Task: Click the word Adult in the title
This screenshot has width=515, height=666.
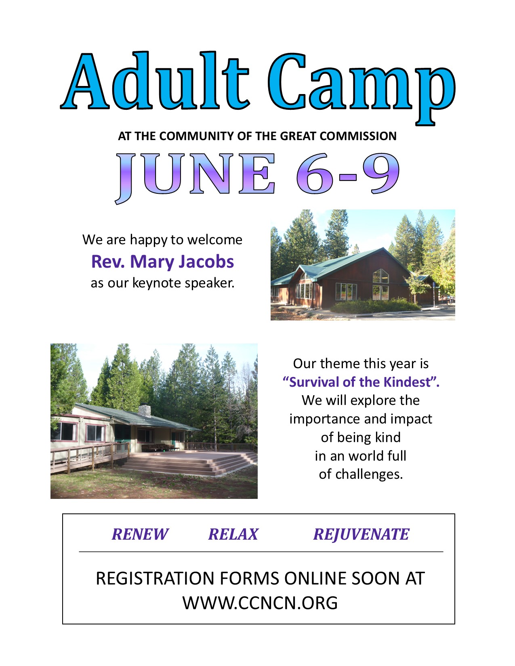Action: pyautogui.click(x=155, y=81)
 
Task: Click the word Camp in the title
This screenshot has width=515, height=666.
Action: pyautogui.click(x=362, y=88)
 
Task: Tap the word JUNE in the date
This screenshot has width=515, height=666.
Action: pyautogui.click(x=195, y=178)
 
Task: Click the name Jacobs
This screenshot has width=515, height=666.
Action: pyautogui.click(x=206, y=262)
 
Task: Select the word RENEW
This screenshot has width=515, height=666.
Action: pyautogui.click(x=140, y=534)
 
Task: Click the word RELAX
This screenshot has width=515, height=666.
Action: pyautogui.click(x=233, y=534)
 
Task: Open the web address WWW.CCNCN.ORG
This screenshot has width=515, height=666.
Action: pyautogui.click(x=260, y=603)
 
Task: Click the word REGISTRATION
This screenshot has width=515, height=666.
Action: pyautogui.click(x=155, y=579)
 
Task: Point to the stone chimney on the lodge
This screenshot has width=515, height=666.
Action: pyautogui.click(x=145, y=410)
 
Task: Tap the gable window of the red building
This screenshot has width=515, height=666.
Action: pyautogui.click(x=380, y=276)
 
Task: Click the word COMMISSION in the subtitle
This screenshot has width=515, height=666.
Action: pyautogui.click(x=358, y=136)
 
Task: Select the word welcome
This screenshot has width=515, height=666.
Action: pyautogui.click(x=215, y=240)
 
